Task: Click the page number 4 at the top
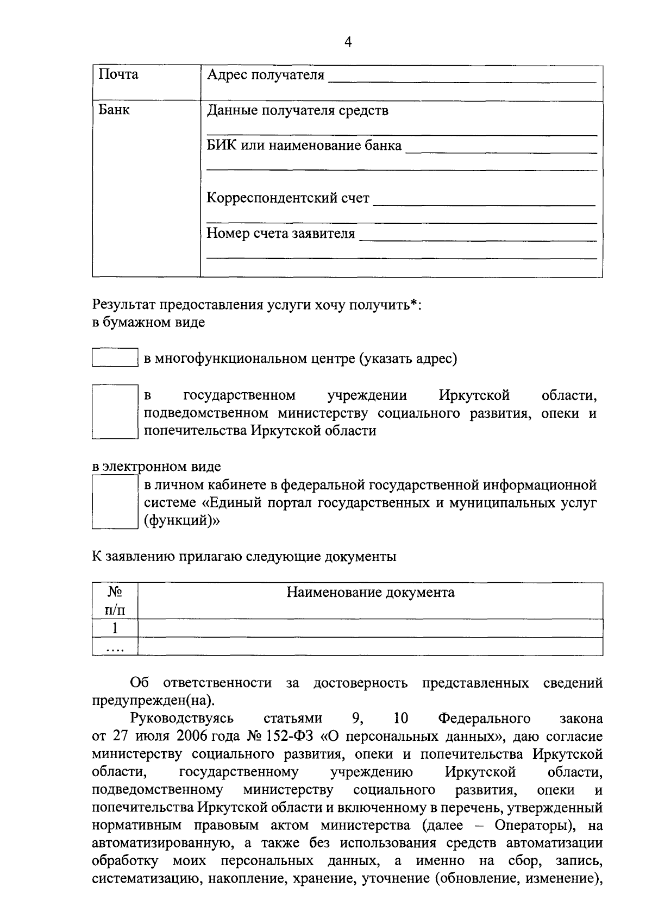[348, 42]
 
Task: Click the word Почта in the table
[118, 74]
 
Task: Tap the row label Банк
[114, 110]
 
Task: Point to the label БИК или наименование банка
[304, 146]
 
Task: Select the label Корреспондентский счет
[288, 198]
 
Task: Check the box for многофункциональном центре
[115, 358]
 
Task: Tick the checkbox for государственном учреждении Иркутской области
[115, 411]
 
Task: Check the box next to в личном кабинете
[115, 502]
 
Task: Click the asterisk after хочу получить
[413, 303]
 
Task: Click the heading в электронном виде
[156, 467]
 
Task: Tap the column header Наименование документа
[370, 592]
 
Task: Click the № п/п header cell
[115, 601]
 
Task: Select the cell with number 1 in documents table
[115, 628]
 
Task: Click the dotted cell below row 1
[115, 647]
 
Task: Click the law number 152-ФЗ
[290, 737]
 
